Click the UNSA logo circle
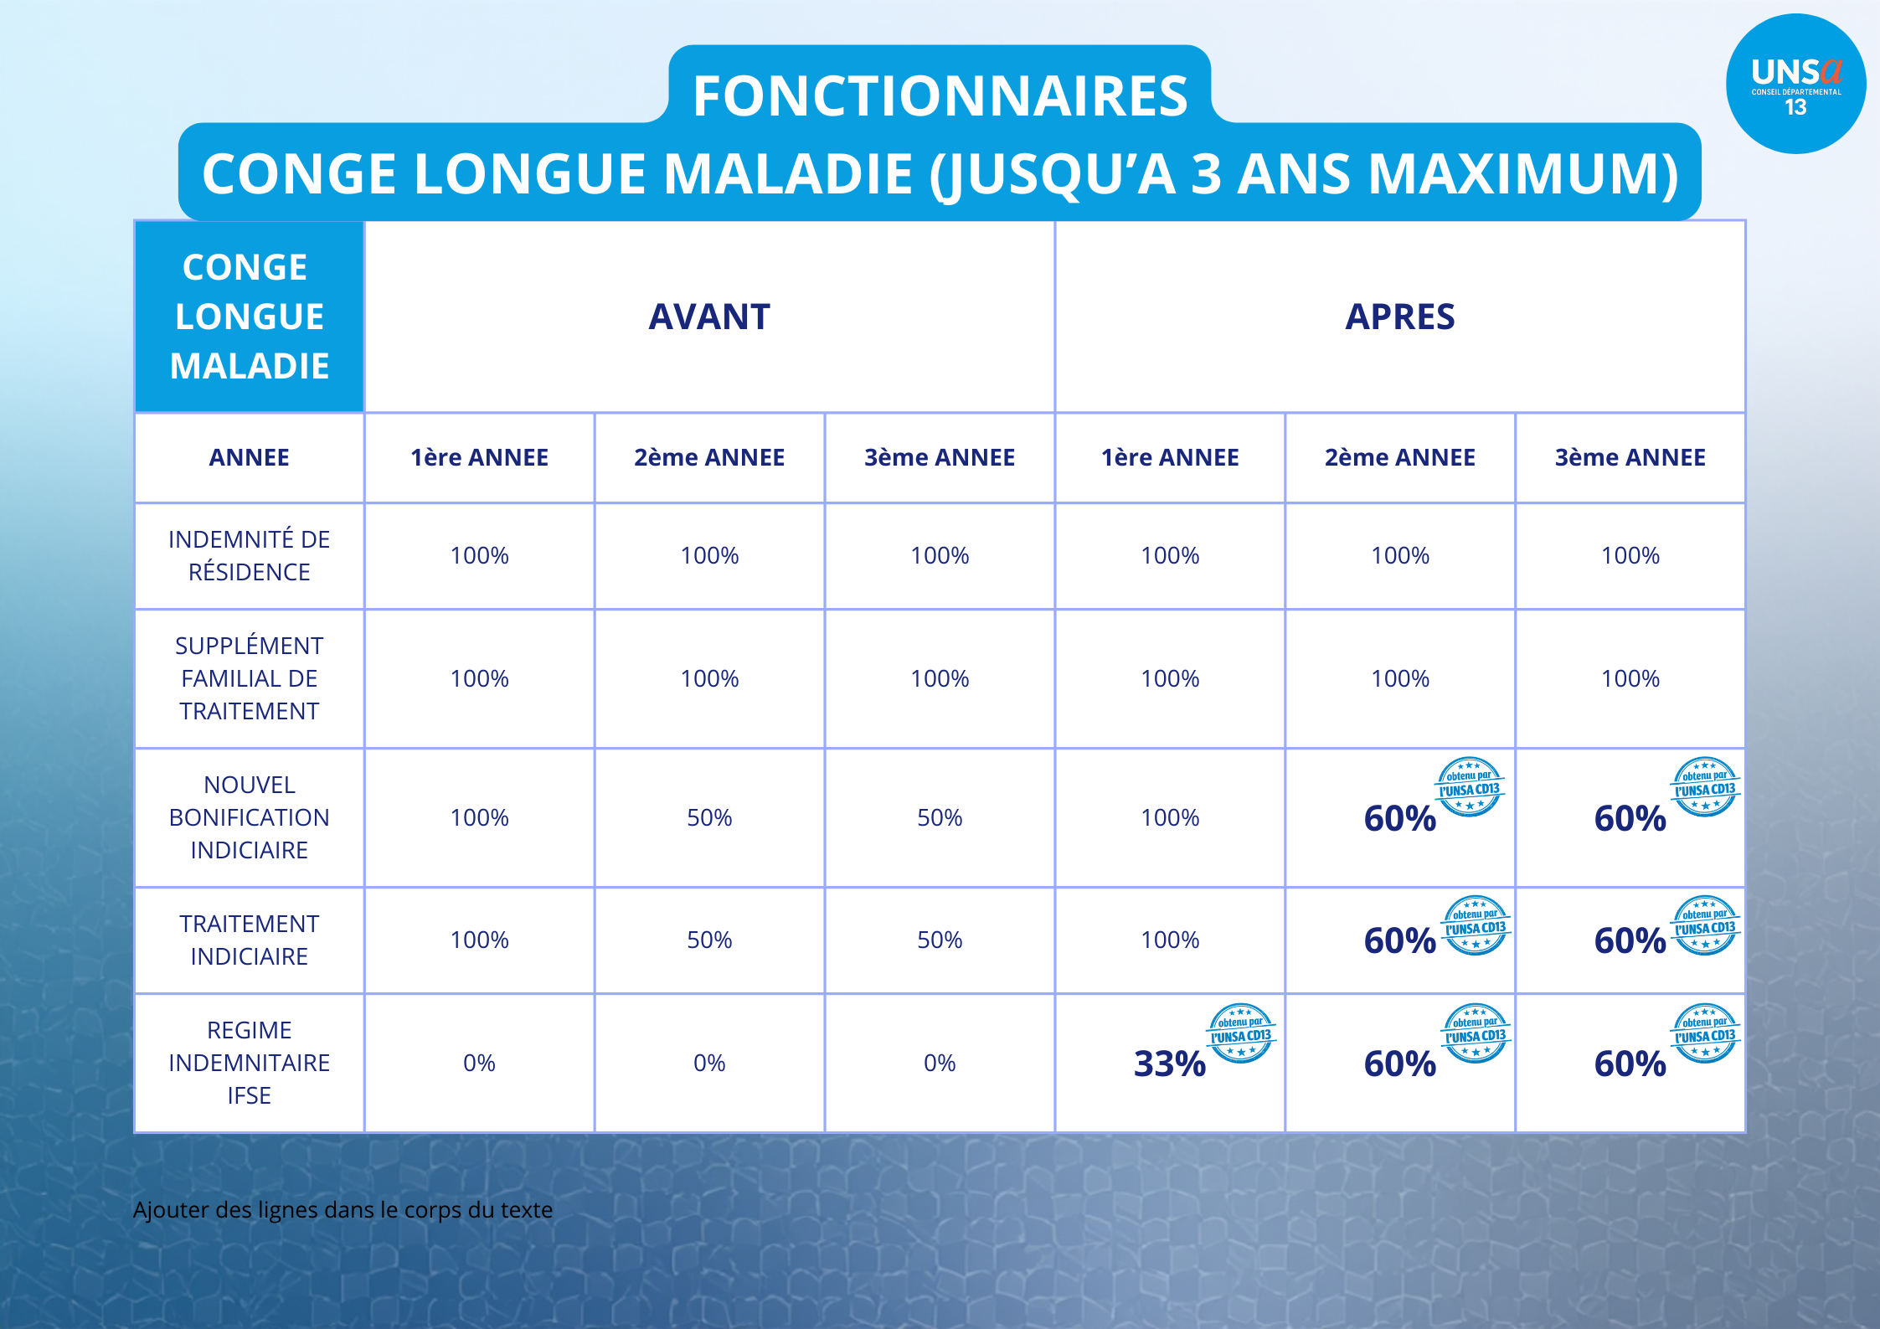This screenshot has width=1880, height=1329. [1795, 84]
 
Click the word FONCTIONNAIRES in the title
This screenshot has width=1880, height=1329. [940, 95]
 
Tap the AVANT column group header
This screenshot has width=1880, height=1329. [709, 317]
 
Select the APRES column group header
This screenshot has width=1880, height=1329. [1399, 317]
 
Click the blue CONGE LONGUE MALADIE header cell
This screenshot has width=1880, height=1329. [250, 317]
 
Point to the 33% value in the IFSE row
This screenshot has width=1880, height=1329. [1169, 1064]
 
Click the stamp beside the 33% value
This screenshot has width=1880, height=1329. [1240, 1033]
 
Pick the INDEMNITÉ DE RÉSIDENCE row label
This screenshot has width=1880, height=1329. [250, 555]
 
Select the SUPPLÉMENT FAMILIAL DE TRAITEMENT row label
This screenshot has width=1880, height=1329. [250, 678]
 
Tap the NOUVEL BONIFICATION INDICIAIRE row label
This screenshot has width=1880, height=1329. [250, 817]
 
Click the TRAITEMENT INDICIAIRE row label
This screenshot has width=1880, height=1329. [250, 940]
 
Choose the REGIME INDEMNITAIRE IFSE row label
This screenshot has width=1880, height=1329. [250, 1063]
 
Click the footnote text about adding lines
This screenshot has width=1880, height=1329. [343, 1210]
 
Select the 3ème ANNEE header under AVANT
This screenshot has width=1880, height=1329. [940, 457]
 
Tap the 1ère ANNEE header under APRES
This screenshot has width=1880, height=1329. [1170, 457]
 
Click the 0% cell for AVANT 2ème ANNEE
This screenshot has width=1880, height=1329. [709, 1063]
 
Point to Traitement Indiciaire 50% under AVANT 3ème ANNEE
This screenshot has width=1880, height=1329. [940, 940]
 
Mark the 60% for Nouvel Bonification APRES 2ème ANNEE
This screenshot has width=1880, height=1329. [1399, 818]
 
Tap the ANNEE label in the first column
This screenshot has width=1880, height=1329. [250, 457]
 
